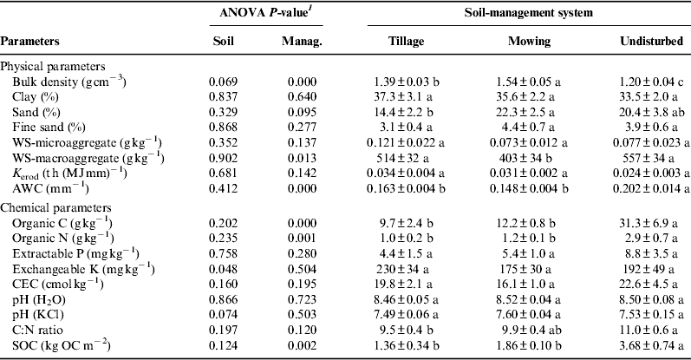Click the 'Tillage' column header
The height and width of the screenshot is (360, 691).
tap(415, 42)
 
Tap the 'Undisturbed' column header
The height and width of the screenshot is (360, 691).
tap(649, 42)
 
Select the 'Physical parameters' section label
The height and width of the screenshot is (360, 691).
tap(53, 66)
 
